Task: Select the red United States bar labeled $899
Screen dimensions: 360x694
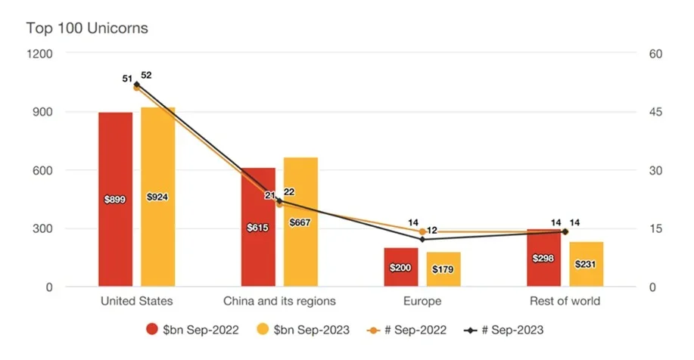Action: pos(116,200)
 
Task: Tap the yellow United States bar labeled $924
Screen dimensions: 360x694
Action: pos(157,197)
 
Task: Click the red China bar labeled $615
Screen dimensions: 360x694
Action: pos(259,227)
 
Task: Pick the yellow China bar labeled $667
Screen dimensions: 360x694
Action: pos(300,222)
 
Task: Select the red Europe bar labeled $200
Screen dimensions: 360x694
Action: pos(401,267)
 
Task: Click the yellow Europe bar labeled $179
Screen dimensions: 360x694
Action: pos(443,269)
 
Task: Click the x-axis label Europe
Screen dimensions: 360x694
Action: pos(422,301)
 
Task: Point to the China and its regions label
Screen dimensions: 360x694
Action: pos(279,301)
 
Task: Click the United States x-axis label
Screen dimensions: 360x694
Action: pos(137,301)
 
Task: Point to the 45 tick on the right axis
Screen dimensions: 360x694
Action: pos(655,112)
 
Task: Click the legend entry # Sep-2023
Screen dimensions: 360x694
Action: pos(504,330)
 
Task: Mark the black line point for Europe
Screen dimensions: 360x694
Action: pos(422,239)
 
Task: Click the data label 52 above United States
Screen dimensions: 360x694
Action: pos(146,76)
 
